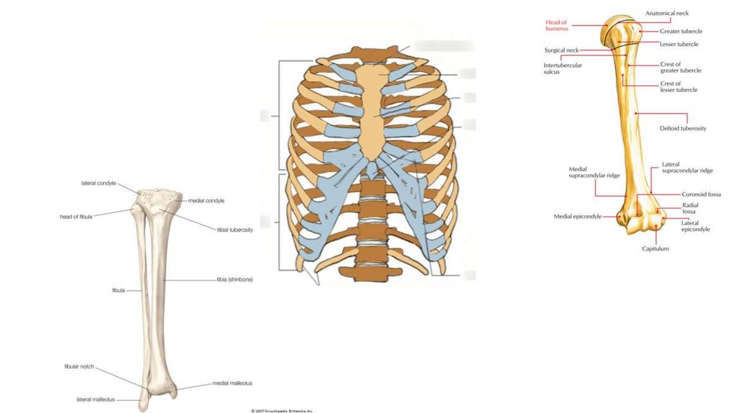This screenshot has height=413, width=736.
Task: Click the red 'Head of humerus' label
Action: click(556, 25)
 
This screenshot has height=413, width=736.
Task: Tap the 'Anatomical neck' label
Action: click(667, 13)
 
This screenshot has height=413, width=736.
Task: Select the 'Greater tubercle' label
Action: click(681, 31)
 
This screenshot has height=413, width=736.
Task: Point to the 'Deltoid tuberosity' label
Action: click(683, 128)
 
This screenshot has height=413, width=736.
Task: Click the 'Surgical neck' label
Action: click(561, 50)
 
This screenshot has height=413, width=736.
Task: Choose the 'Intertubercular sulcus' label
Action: click(562, 68)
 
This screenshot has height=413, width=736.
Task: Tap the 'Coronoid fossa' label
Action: click(701, 194)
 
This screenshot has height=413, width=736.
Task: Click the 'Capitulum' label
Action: click(655, 249)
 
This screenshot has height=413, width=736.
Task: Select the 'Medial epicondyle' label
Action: click(577, 216)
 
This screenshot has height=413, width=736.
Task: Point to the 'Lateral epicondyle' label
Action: click(695, 226)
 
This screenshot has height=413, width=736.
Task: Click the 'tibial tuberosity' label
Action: click(234, 230)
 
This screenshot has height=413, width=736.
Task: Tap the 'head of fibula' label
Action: click(75, 216)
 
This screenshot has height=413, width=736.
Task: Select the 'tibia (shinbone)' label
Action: click(235, 279)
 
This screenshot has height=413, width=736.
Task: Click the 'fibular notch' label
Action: click(79, 366)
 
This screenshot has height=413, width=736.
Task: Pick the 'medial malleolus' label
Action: click(232, 383)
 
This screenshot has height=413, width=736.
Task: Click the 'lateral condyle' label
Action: click(98, 183)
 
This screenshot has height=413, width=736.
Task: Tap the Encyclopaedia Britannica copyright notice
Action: click(282, 410)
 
